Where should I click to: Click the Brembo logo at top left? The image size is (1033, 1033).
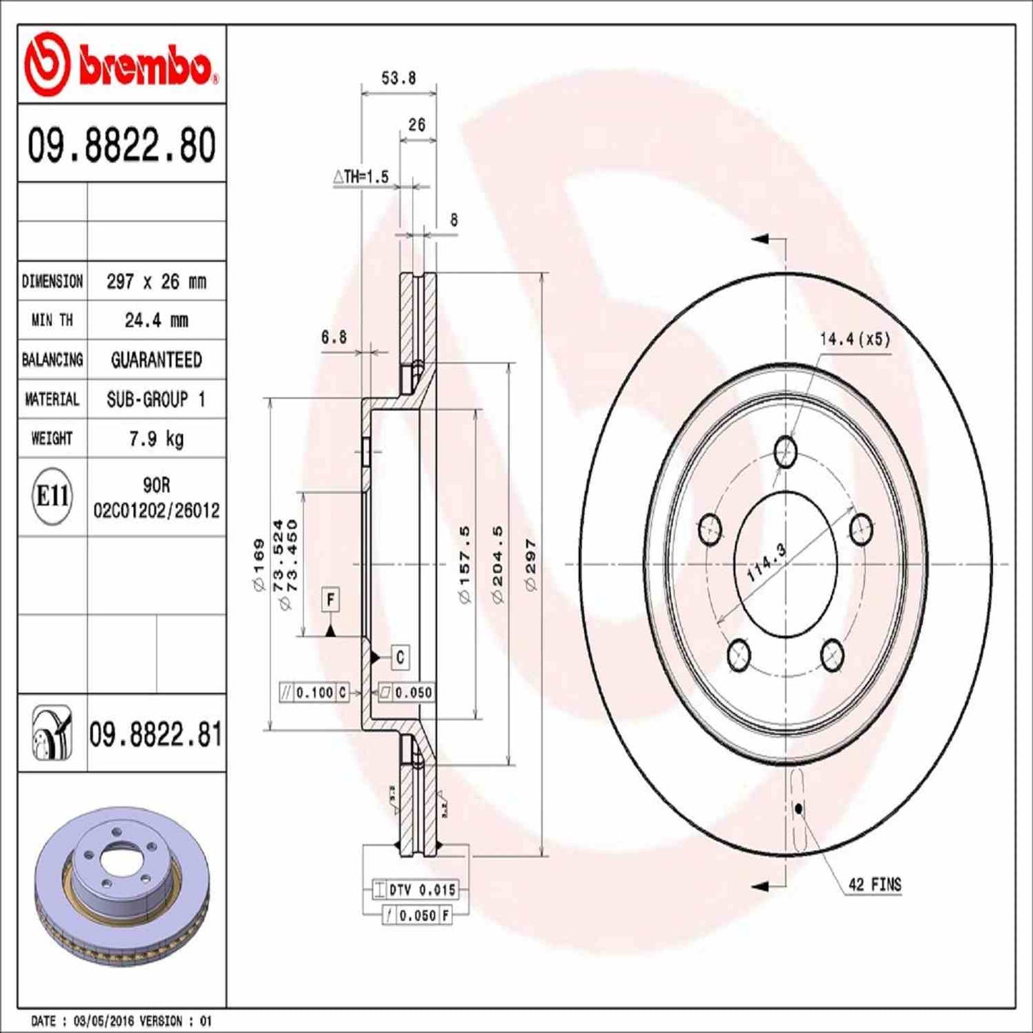[x=120, y=66]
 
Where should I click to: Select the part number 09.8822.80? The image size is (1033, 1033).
[x=122, y=144]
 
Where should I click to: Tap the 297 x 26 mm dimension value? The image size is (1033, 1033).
[x=156, y=282]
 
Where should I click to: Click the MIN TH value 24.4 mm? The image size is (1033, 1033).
[x=156, y=320]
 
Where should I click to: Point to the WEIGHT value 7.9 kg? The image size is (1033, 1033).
[x=156, y=438]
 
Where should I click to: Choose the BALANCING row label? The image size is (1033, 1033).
[x=52, y=360]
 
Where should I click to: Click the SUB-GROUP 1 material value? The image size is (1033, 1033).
[x=156, y=399]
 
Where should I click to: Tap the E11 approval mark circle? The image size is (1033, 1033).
[x=52, y=495]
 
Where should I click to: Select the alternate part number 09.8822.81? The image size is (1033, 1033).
[x=155, y=735]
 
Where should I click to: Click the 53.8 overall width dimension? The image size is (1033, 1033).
[x=398, y=78]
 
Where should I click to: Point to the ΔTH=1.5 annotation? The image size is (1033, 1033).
[x=361, y=177]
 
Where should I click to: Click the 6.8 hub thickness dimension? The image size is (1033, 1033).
[x=334, y=337]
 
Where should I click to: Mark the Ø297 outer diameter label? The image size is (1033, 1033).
[x=530, y=565]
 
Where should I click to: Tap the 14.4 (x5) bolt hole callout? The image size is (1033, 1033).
[x=854, y=339]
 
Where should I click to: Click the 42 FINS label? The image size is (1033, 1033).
[x=874, y=884]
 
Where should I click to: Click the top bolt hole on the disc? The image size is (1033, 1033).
[x=786, y=451]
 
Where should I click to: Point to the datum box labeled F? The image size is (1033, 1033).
[x=330, y=599]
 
